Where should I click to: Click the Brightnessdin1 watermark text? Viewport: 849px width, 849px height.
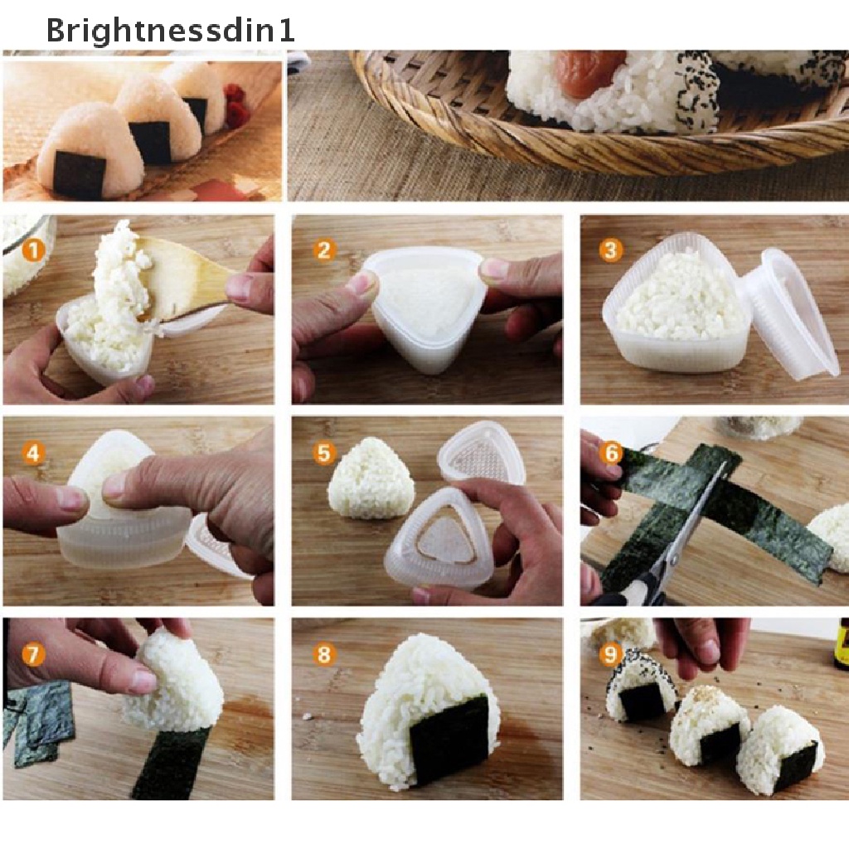coord(170,31)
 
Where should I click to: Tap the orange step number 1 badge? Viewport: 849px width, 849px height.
coord(32,249)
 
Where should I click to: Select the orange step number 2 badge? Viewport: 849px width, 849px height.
coord(323,250)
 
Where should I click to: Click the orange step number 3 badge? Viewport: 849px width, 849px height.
coord(611,250)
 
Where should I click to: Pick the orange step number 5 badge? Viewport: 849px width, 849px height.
coord(323,453)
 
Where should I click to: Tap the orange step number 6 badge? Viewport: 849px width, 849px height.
coord(611,453)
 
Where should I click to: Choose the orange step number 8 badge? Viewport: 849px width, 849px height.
coord(323,655)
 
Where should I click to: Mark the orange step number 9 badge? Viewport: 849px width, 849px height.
coord(611,656)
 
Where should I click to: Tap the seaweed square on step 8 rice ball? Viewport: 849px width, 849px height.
coord(449,740)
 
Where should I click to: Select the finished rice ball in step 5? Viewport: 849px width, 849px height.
coord(370,479)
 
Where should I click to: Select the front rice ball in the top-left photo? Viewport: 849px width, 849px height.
coord(79,153)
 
